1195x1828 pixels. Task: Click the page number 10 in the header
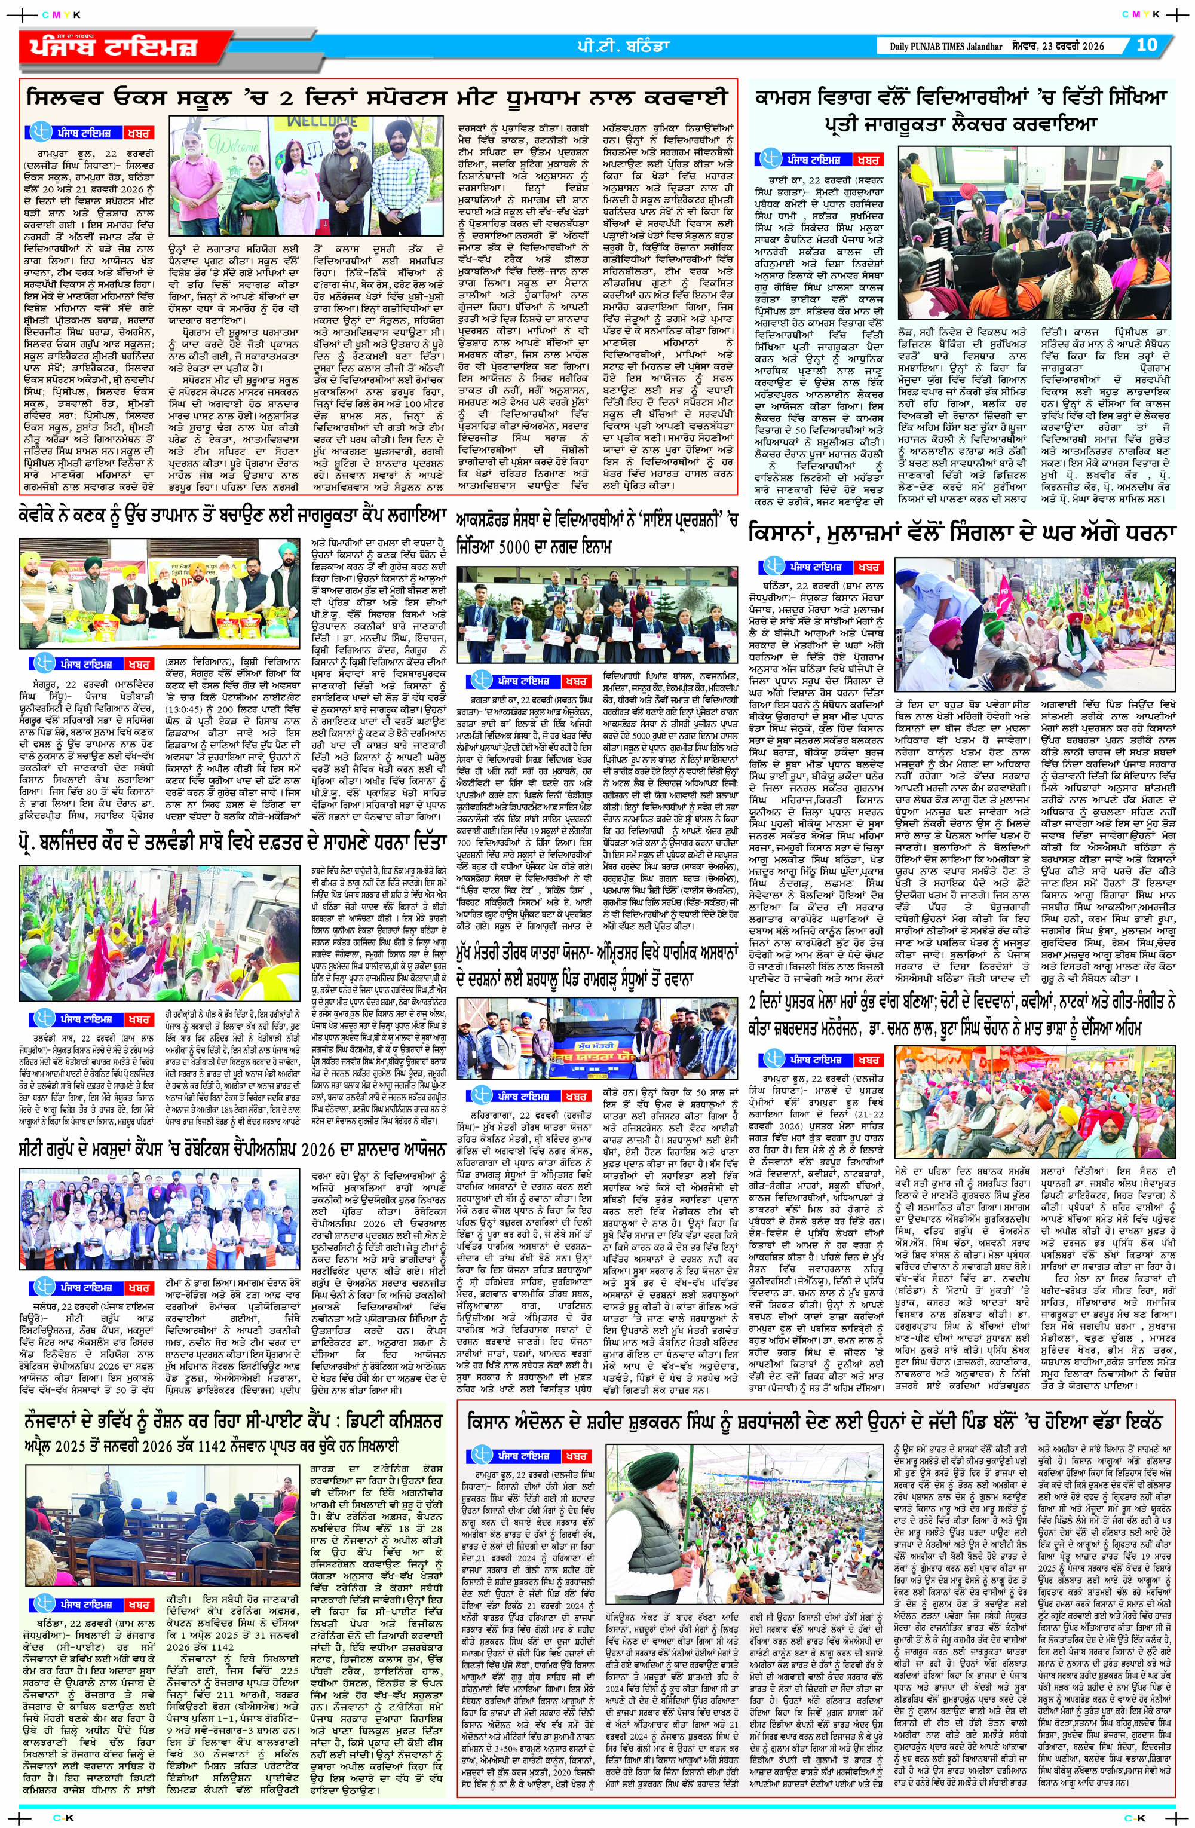(1146, 45)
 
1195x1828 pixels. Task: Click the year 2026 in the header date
(1090, 46)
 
